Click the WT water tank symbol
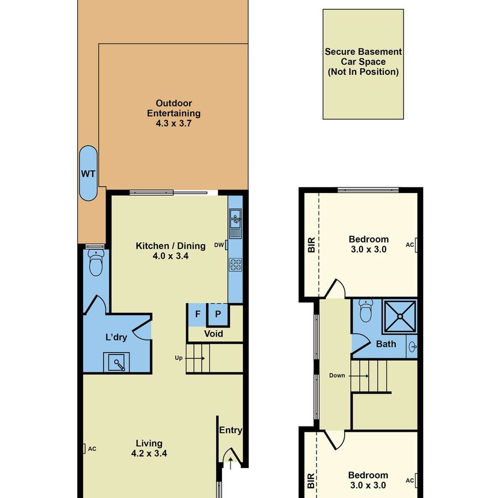(88, 173)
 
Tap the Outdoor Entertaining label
(173, 112)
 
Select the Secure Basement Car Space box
(363, 63)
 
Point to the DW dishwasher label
(218, 245)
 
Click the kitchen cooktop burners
(235, 265)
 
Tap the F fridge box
(198, 315)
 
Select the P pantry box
(218, 315)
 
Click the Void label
(214, 334)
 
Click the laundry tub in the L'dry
(117, 363)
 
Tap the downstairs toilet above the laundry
(96, 265)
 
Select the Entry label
(231, 431)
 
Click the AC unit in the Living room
(84, 448)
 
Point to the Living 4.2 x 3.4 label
(148, 448)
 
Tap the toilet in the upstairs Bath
(365, 312)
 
